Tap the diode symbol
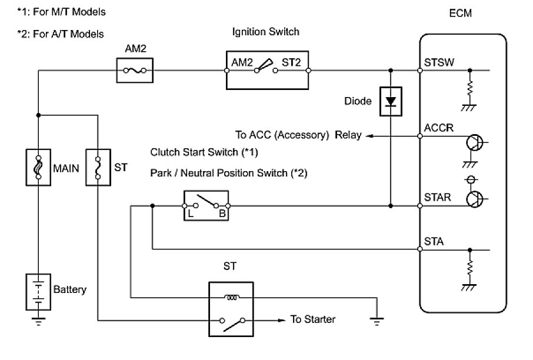(390, 101)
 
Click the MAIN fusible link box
(38, 167)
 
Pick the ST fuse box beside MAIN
(98, 167)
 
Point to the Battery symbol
(38, 290)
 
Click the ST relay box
(230, 306)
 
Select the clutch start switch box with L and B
(206, 206)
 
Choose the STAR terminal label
(436, 197)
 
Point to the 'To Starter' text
(313, 320)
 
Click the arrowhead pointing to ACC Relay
(368, 136)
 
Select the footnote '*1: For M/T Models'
(58, 12)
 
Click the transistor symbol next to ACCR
(474, 143)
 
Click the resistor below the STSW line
(469, 88)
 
